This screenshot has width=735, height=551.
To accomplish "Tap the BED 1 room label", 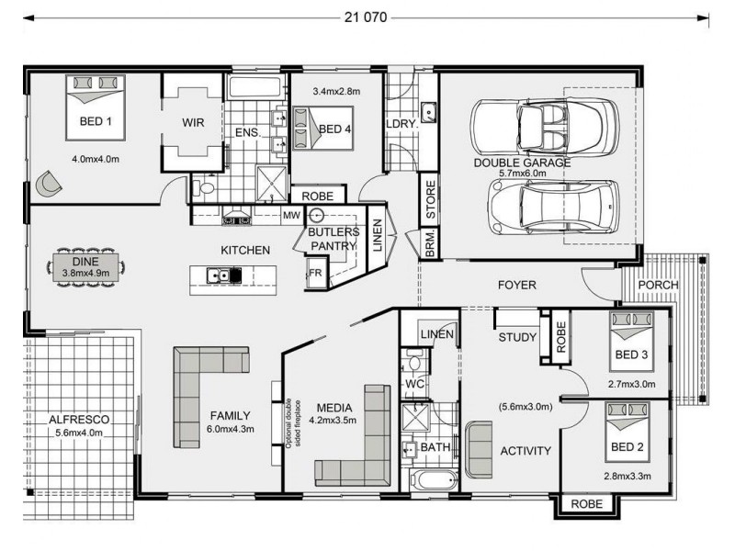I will [96, 121].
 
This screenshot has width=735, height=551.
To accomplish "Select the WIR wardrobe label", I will [193, 123].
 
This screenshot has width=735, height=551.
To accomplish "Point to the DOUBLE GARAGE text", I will [522, 163].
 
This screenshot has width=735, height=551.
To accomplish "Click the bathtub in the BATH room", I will [432, 480].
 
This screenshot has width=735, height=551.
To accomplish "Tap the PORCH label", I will [659, 285].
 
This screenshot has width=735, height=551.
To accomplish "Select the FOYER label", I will [515, 286].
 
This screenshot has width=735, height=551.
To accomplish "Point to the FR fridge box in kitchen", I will [315, 273].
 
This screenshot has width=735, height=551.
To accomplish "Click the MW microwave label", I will [290, 216].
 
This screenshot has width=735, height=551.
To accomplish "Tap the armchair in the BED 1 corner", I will [46, 185].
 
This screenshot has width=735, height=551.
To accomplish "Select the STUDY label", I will [517, 337].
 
